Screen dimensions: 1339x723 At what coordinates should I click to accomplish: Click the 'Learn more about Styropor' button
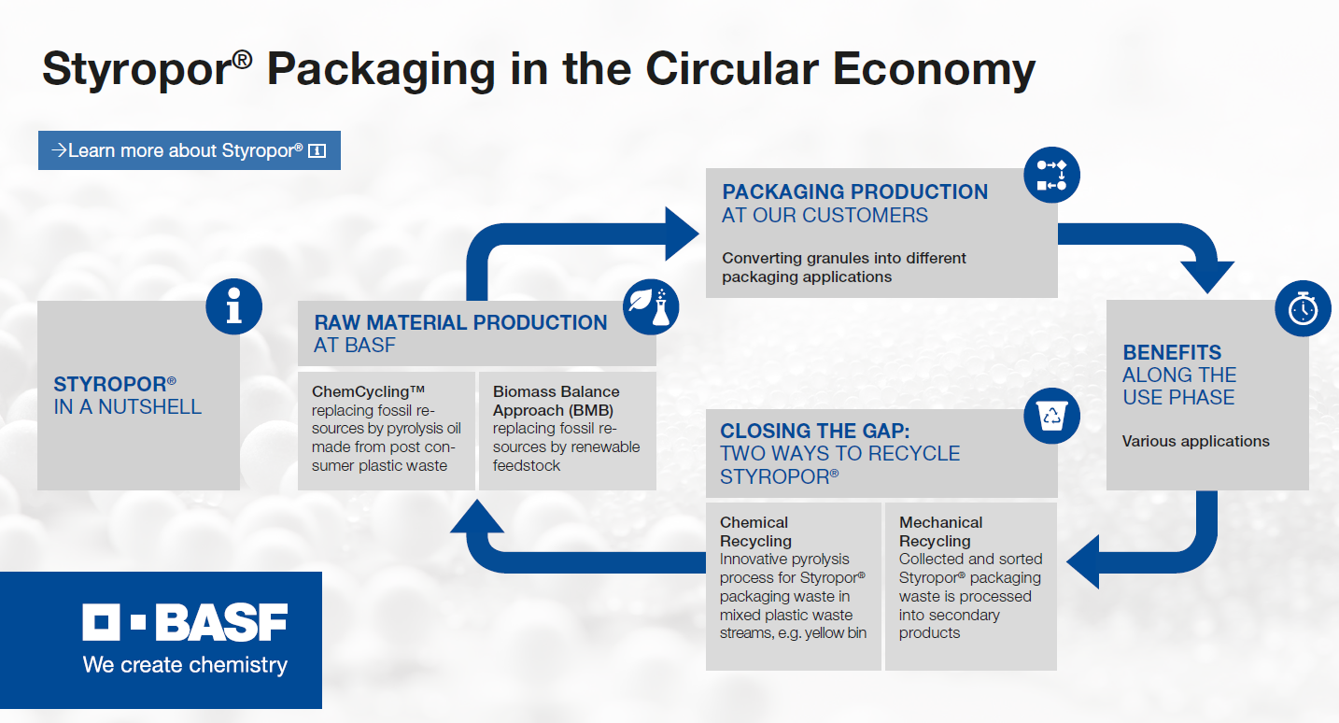pos(190,150)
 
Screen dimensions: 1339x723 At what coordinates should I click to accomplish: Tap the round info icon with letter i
pos(233,306)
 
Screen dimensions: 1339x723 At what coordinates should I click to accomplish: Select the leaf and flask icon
pos(651,306)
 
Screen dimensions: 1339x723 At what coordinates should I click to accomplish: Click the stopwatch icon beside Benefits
pos(1304,308)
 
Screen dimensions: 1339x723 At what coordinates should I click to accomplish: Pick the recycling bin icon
pos(1052,416)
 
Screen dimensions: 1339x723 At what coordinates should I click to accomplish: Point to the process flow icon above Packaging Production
pos(1052,175)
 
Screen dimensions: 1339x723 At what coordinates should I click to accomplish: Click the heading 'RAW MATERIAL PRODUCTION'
pos(460,322)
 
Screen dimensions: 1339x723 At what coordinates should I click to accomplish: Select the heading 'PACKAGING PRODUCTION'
pos(854,191)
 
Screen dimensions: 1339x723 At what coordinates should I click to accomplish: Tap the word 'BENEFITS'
pos(1172,352)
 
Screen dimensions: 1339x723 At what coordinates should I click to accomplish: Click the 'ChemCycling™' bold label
pos(368,391)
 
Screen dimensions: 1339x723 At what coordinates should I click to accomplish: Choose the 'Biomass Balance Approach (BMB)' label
pos(556,401)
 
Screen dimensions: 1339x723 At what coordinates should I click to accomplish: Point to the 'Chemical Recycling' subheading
pos(755,532)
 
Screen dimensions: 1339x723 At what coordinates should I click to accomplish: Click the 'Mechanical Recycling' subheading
pos(940,532)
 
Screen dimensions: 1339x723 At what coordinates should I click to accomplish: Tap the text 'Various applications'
pos(1195,441)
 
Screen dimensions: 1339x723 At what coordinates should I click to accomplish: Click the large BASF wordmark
pos(185,622)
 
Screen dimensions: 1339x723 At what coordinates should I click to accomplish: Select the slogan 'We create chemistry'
pos(185,665)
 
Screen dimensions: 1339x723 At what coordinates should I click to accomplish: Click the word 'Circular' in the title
pos(732,69)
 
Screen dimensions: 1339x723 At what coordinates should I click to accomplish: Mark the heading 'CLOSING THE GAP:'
pos(815,431)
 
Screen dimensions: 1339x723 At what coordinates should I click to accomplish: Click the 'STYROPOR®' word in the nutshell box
pos(115,384)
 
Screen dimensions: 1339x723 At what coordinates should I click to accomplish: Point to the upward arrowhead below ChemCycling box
pos(477,517)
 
